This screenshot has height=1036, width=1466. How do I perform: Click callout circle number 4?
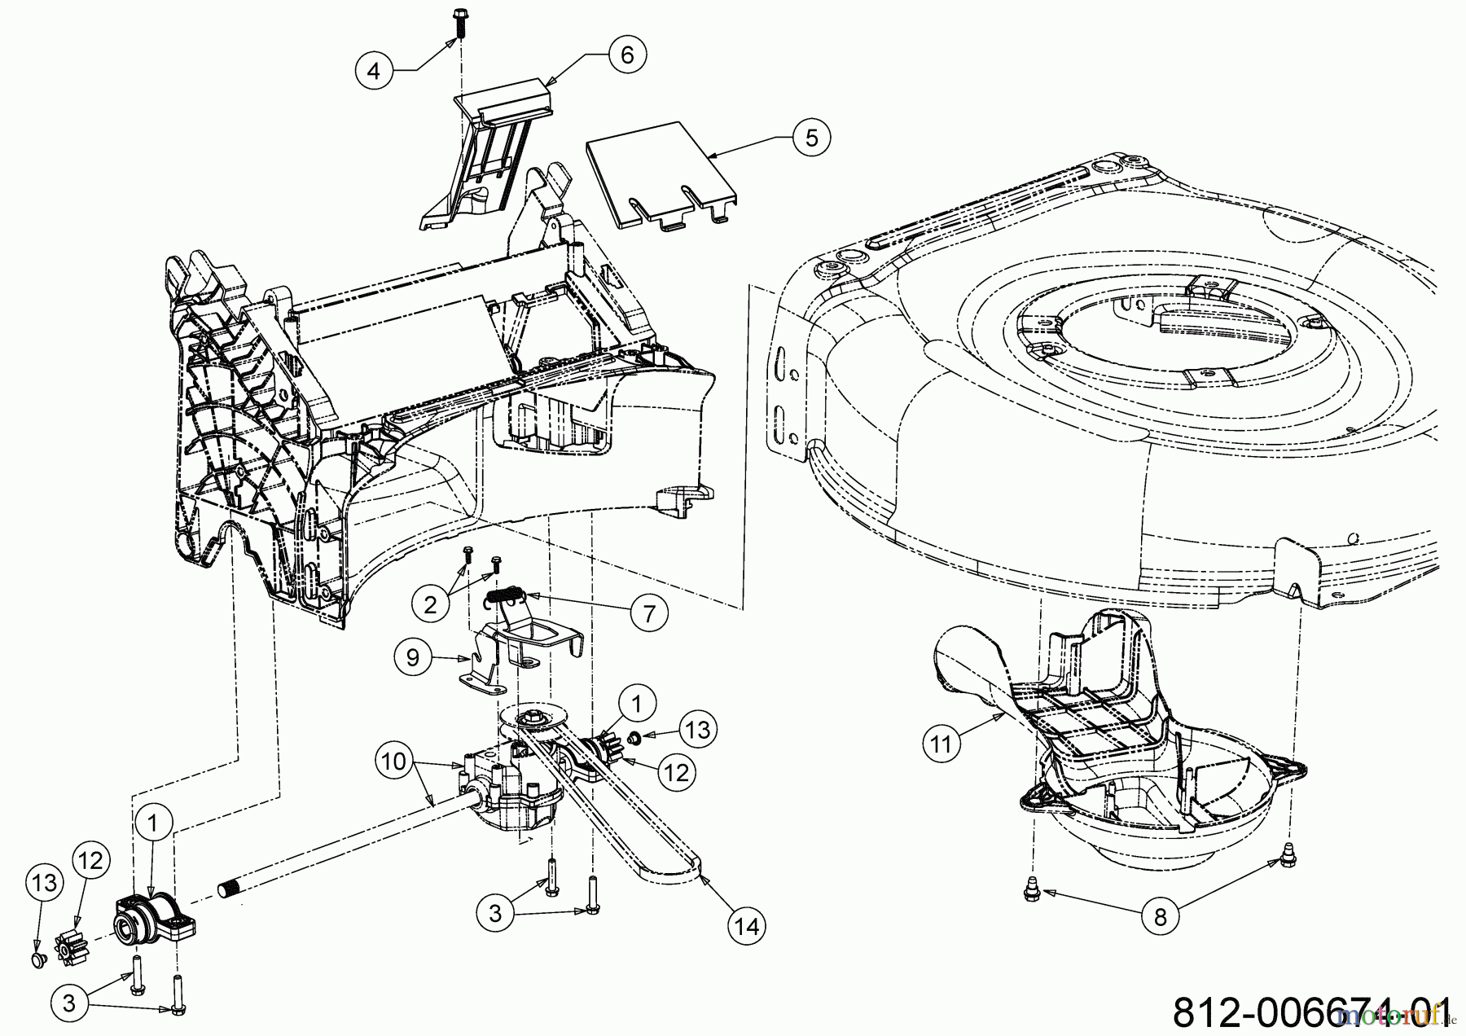pos(374,71)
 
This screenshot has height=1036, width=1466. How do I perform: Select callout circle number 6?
pos(627,55)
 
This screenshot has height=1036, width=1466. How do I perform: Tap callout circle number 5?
pos(811,138)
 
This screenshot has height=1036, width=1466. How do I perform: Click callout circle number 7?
pos(649,612)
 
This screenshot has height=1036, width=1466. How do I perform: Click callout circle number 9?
pos(413,656)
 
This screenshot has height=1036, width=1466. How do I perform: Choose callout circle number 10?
pos(394,762)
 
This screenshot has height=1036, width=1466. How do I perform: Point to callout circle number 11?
pos(941,744)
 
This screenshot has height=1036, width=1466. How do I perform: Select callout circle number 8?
pos(1161,916)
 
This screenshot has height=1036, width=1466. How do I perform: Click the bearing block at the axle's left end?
pos(156,919)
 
